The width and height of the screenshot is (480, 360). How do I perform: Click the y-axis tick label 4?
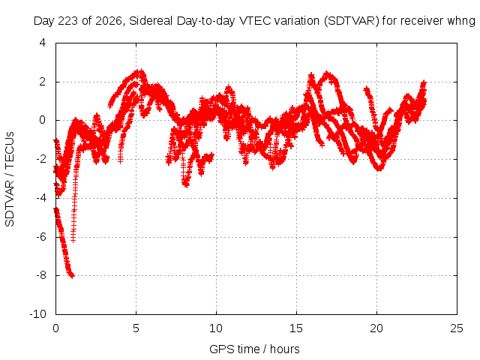[x=43, y=43]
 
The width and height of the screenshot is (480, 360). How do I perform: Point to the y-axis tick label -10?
[x=37, y=314]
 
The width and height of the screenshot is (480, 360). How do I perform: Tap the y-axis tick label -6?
[x=40, y=237]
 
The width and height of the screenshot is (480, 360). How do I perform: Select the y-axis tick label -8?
[x=40, y=275]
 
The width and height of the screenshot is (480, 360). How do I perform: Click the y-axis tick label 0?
[x=43, y=120]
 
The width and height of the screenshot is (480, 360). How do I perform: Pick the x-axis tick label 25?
[x=457, y=328]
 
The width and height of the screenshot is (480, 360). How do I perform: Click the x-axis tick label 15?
[x=296, y=328]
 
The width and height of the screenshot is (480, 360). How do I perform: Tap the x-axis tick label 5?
[x=136, y=328]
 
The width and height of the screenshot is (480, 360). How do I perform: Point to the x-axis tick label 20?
[x=376, y=328]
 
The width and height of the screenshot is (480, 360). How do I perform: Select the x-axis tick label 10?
[x=216, y=328]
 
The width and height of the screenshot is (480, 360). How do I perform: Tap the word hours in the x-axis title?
[x=285, y=349]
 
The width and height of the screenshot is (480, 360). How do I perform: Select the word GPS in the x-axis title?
[x=219, y=349]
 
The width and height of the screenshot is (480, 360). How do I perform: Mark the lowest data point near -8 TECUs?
[x=72, y=276]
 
